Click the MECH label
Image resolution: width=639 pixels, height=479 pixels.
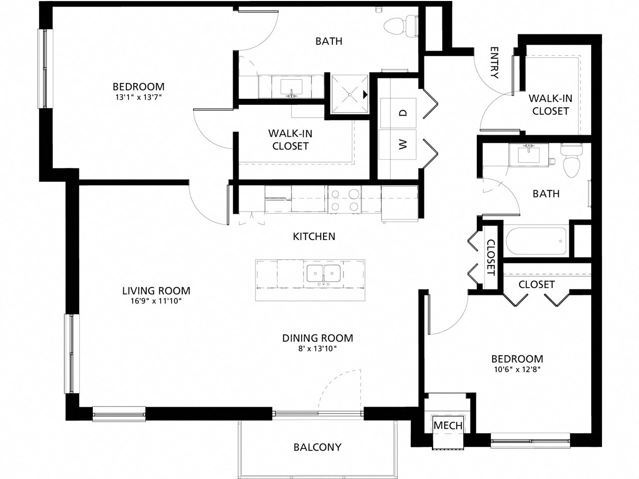pyautogui.click(x=448, y=426)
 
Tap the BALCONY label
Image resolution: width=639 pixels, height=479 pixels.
pyautogui.click(x=318, y=447)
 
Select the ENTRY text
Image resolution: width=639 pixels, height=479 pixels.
pyautogui.click(x=495, y=63)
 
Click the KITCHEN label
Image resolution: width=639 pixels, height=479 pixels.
pyautogui.click(x=314, y=237)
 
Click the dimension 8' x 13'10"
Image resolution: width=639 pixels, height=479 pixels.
pyautogui.click(x=318, y=349)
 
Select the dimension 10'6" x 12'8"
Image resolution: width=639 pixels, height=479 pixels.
pyautogui.click(x=517, y=370)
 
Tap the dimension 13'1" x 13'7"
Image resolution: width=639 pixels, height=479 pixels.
pyautogui.click(x=138, y=97)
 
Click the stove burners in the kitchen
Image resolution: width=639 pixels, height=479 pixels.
pyautogui.click(x=345, y=200)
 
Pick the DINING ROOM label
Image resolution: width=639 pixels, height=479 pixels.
pyautogui.click(x=318, y=338)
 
